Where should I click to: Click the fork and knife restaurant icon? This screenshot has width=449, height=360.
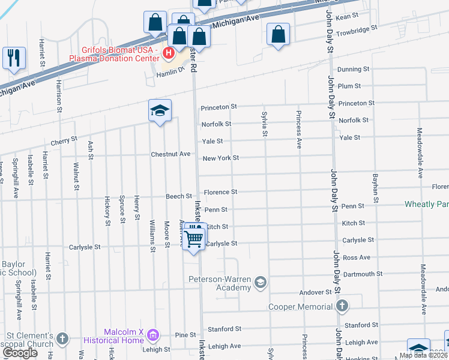pos(13,58)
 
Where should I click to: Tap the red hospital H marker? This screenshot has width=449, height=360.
pos(169,53)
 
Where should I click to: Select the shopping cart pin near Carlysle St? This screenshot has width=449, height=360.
pos(194,238)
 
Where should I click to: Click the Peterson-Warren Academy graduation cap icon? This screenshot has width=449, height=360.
pos(260,281)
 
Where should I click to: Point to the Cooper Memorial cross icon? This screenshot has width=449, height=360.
pos(342,307)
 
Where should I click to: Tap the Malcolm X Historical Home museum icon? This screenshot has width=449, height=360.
pos(153,334)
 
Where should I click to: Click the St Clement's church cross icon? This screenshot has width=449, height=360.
pos(62,340)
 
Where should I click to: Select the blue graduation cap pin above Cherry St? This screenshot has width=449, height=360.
pos(160,110)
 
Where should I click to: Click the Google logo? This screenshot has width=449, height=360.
pos(20,353)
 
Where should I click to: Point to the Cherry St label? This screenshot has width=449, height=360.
pos(64,140)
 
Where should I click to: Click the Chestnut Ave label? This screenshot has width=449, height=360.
pos(170,154)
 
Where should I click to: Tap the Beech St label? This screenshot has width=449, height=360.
pos(179,196)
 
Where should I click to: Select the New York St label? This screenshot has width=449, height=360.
pos(220,158)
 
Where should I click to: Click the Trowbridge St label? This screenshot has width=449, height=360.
pos(357,28)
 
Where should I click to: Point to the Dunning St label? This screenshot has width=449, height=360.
pos(349,70)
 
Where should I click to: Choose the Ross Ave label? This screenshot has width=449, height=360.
pos(357,257)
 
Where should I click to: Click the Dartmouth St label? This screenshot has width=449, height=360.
pos(361,274)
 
